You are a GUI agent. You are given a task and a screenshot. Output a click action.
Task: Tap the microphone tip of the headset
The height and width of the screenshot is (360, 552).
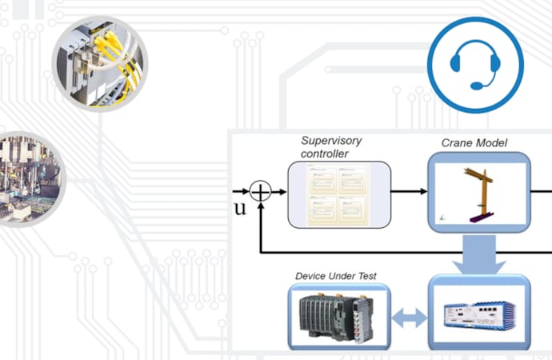[477, 86]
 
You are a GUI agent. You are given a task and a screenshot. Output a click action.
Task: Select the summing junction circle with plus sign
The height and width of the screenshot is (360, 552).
[261, 192]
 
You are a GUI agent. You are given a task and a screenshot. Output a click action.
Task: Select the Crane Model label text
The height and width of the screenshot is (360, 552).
[474, 144]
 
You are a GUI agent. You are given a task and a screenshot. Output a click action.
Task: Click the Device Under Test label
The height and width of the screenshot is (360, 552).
[336, 276]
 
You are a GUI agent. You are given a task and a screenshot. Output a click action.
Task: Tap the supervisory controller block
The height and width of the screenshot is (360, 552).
[339, 192]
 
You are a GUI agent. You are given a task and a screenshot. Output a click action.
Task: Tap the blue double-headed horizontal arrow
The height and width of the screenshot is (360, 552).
[409, 317]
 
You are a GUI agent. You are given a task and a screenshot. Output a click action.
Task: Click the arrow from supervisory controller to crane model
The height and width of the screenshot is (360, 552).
[409, 192]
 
